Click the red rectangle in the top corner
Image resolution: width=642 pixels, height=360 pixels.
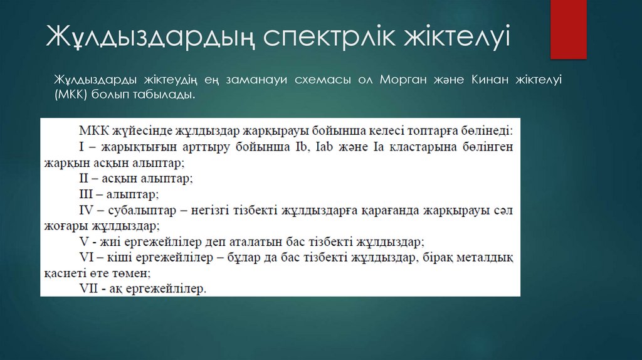(568, 29)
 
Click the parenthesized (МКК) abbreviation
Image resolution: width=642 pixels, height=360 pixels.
(73, 95)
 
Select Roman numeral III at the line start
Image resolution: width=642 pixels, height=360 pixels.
(87, 194)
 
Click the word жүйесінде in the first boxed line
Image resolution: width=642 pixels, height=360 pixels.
(142, 131)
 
